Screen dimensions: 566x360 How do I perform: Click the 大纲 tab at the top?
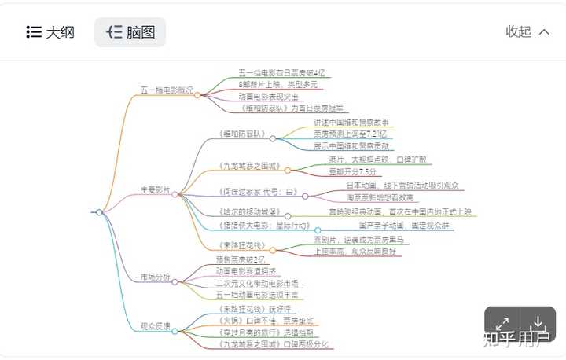[x=50, y=32]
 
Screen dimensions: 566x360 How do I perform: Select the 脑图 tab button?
[x=130, y=32]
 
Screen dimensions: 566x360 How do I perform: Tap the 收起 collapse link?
[x=519, y=31]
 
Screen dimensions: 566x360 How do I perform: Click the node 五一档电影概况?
[x=166, y=90]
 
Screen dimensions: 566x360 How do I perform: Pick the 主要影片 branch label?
[x=155, y=189]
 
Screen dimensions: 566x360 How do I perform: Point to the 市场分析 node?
[x=155, y=277]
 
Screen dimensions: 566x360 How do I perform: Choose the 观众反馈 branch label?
[x=155, y=325]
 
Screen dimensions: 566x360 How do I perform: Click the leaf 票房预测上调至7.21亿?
[x=350, y=134]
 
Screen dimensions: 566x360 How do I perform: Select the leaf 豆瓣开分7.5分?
[x=352, y=171]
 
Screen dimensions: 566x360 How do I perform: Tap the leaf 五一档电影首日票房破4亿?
[x=281, y=72]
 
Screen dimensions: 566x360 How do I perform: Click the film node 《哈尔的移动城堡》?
[x=248, y=212]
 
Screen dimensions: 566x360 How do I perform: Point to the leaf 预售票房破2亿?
[x=241, y=259]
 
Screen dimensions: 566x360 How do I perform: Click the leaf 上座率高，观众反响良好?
[x=355, y=251]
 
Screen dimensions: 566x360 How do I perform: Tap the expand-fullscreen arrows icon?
[x=503, y=323]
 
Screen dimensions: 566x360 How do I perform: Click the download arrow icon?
[x=538, y=323]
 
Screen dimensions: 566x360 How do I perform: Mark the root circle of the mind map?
[x=99, y=212]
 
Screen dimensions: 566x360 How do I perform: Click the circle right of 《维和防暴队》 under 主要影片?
[x=273, y=139]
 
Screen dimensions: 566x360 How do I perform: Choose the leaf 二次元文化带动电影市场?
[x=257, y=283]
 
